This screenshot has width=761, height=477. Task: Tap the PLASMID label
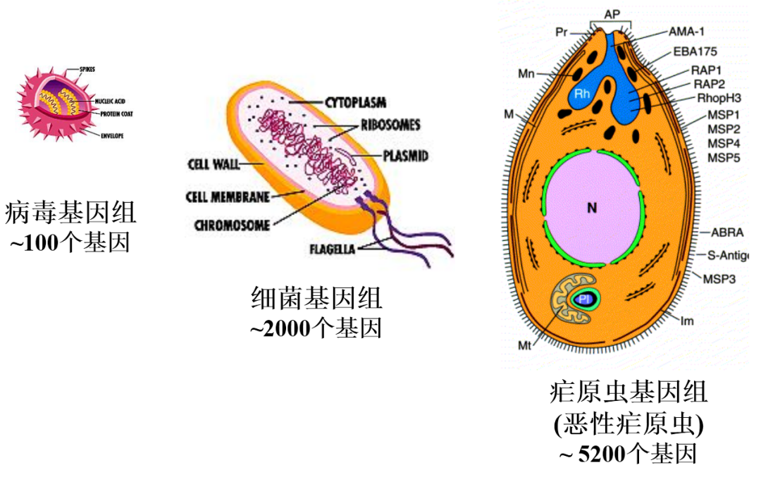click(405, 156)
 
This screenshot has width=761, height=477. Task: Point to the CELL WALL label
click(214, 165)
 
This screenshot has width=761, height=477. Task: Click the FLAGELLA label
click(333, 249)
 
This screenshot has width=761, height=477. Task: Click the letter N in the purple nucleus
click(592, 208)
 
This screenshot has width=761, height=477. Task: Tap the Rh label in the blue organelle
click(581, 94)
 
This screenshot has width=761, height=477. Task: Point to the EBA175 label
click(695, 51)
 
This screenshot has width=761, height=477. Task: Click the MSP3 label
click(719, 278)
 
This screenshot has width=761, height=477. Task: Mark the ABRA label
click(726, 232)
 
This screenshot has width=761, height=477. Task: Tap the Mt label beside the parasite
click(524, 345)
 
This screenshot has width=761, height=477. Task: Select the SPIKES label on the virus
click(87, 69)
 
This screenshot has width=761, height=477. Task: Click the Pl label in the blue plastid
click(584, 299)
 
